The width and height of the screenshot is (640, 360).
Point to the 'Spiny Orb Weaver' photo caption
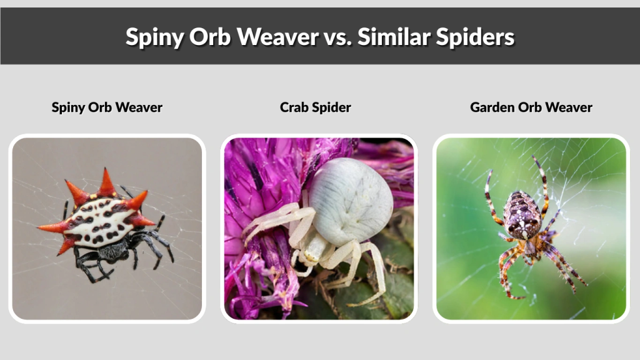[107, 107]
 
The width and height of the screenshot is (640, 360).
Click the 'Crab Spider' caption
[316, 107]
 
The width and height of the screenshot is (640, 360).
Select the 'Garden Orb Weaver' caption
[531, 107]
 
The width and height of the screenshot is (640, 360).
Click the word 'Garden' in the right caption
[492, 107]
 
